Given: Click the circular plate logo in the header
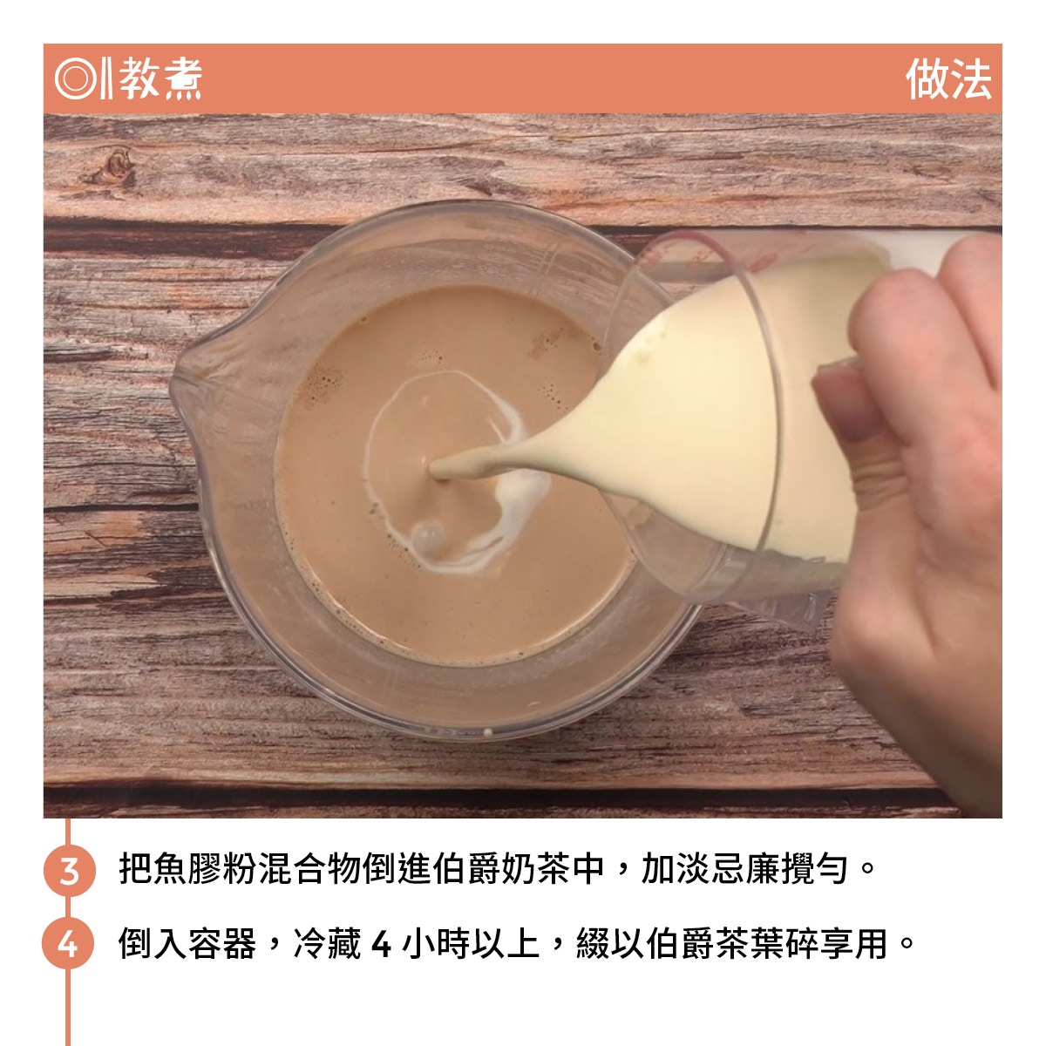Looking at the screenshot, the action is pyautogui.click(x=75, y=78).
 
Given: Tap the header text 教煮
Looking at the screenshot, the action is pyautogui.click(x=160, y=78).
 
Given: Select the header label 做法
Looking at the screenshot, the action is pyautogui.click(x=948, y=78).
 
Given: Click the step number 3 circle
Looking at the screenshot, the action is pyautogui.click(x=69, y=870).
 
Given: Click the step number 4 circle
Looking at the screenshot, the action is pyautogui.click(x=68, y=944).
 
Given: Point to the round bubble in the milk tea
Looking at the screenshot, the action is pyautogui.click(x=427, y=537).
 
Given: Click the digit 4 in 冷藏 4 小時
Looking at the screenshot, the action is pyautogui.click(x=381, y=945).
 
